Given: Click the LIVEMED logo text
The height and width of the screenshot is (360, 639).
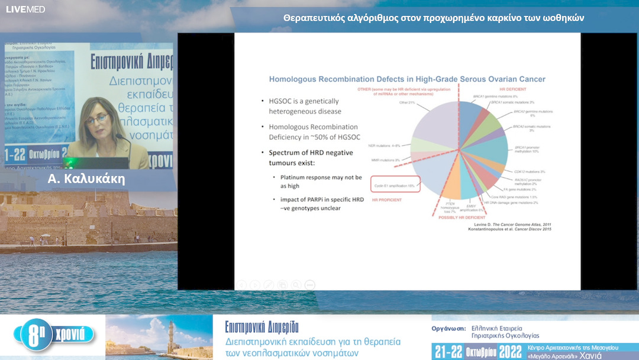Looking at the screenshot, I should coord(25,9).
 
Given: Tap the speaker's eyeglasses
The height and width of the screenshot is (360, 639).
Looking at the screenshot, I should coord(97,118).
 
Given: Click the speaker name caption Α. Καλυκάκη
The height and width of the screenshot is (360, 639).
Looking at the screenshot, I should coord(86,179).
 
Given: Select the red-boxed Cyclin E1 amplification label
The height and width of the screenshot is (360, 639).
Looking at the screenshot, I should coord(395,185).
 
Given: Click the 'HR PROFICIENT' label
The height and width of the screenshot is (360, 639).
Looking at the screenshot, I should coord(387,200).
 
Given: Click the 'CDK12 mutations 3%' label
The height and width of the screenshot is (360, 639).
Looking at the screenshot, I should coord(529,172).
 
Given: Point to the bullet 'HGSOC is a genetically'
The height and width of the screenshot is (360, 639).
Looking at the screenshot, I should coord(305,101).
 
